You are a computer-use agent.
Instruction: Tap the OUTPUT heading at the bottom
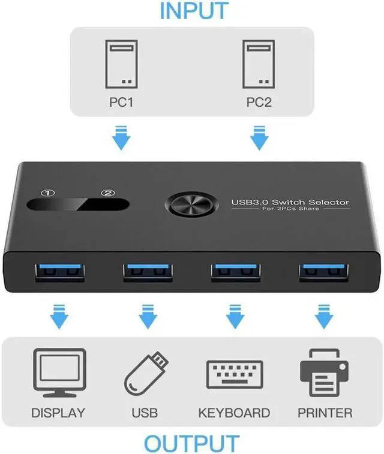pos(191,443)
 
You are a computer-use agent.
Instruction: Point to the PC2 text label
pos(259,103)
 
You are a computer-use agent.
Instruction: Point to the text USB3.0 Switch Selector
pos(290,203)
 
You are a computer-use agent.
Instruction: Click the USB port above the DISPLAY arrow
pos(58,272)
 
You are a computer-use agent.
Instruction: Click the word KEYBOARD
pos(234,413)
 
